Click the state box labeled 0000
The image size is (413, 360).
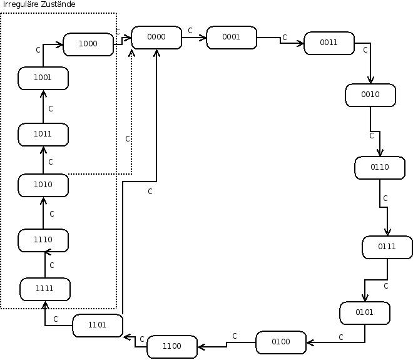pos(156,38)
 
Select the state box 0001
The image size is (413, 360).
pos(231,38)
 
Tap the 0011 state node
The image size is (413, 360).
pos(329,43)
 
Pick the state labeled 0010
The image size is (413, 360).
pos(370,95)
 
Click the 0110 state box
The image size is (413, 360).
pos(380,167)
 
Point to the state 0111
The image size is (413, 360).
pos(387,247)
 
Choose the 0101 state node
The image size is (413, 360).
pos(365,312)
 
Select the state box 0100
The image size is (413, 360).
pos(281,342)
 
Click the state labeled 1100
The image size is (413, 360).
pos(172,346)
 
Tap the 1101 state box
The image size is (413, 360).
pos(97,325)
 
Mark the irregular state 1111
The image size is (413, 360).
pos(45,289)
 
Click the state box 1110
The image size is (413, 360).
pos(43,240)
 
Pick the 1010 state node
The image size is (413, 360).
pos(43,185)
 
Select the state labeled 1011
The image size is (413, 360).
pos(43,134)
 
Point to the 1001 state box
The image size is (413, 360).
pos(43,78)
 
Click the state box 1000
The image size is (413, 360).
pos(88,44)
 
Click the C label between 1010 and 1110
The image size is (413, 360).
pos(52,213)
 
